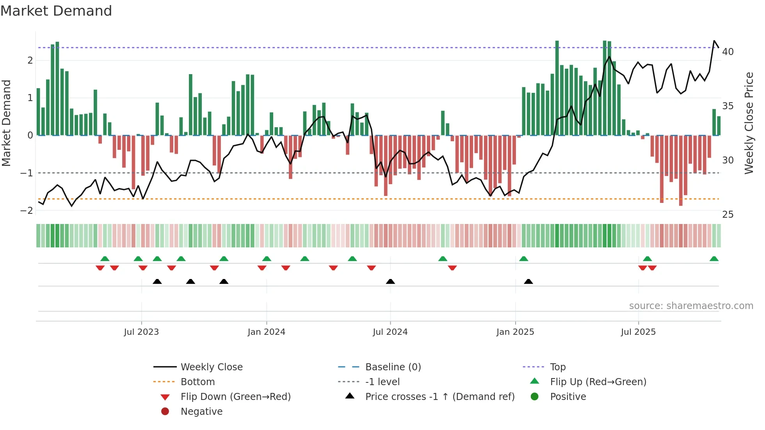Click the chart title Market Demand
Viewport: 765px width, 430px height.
click(x=56, y=11)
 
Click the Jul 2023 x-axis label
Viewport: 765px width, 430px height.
click(x=141, y=332)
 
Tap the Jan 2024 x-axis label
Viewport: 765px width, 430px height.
click(x=267, y=332)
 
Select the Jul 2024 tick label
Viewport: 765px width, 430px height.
click(x=390, y=332)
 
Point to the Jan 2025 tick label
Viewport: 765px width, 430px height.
click(x=515, y=332)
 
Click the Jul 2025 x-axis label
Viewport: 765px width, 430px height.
click(x=639, y=332)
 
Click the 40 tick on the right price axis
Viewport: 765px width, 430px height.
click(x=728, y=52)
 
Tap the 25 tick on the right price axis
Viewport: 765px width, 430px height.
click(x=728, y=214)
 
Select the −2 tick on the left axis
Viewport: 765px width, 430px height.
click(x=27, y=211)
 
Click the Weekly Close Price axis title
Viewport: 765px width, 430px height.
click(x=749, y=123)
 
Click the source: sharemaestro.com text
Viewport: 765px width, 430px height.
click(x=691, y=306)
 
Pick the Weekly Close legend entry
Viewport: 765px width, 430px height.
click(x=212, y=367)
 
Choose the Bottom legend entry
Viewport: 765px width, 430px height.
click(x=197, y=382)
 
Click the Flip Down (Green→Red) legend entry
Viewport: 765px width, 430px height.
click(x=235, y=397)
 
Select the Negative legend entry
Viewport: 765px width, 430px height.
click(x=201, y=412)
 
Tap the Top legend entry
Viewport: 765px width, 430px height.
click(x=558, y=367)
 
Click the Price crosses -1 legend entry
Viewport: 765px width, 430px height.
click(x=439, y=397)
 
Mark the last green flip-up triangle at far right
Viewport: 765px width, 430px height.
click(x=714, y=259)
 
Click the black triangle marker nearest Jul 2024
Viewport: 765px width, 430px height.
click(x=390, y=282)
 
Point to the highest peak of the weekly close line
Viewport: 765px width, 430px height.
click(x=714, y=41)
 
